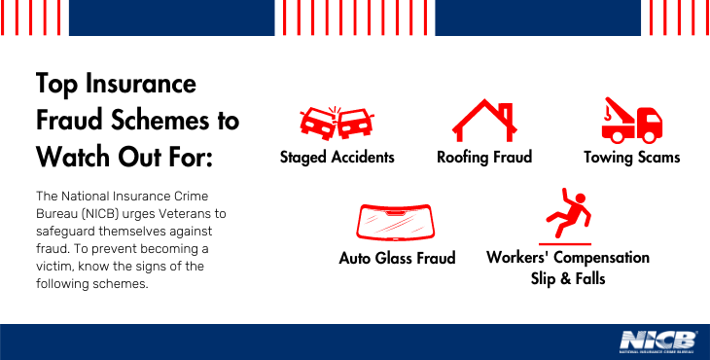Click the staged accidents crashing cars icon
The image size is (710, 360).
coord(337,122)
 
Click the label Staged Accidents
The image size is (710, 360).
coord(337,157)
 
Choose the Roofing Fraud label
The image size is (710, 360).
coord(484,157)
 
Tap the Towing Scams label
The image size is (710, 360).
coord(631,157)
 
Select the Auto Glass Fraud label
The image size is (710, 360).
coord(397,259)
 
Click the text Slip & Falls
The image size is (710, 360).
coord(568,279)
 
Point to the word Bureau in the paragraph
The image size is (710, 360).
coord(59,212)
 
